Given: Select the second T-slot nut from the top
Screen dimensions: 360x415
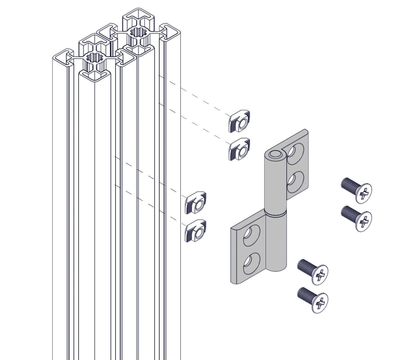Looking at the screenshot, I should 240,150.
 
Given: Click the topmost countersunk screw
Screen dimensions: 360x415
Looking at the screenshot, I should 357,190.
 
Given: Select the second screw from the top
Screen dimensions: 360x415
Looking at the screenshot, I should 357,218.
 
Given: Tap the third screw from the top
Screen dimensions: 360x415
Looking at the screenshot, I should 313,271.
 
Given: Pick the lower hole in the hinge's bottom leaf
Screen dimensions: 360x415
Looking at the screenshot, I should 251,263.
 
